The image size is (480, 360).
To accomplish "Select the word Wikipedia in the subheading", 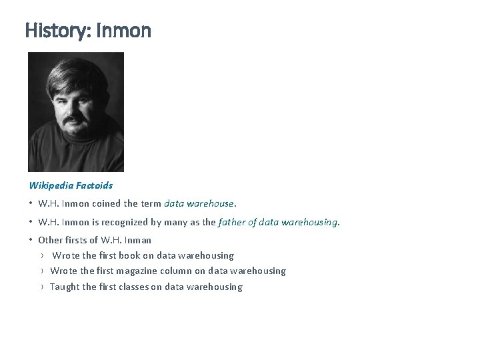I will [x=50, y=185].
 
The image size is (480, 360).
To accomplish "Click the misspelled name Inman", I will [x=137, y=240].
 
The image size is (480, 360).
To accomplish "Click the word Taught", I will [x=64, y=287].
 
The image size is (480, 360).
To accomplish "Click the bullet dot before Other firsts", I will [x=31, y=240].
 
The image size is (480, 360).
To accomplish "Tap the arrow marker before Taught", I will [x=42, y=287].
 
